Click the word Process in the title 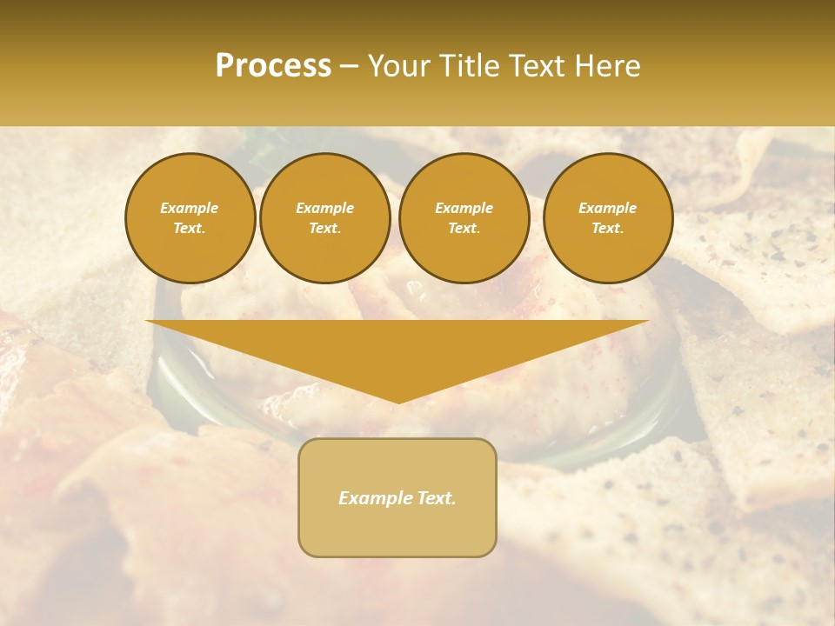coord(273,66)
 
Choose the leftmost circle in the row coord(190,218)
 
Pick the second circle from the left coord(325,218)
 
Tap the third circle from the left coord(464,218)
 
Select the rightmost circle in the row coord(608,218)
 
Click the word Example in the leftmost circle coord(190,208)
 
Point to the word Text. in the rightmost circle coord(608,229)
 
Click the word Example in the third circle coord(464,208)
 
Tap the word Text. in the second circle coord(325,229)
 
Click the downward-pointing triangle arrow coord(397,348)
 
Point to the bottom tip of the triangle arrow coord(398,402)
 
